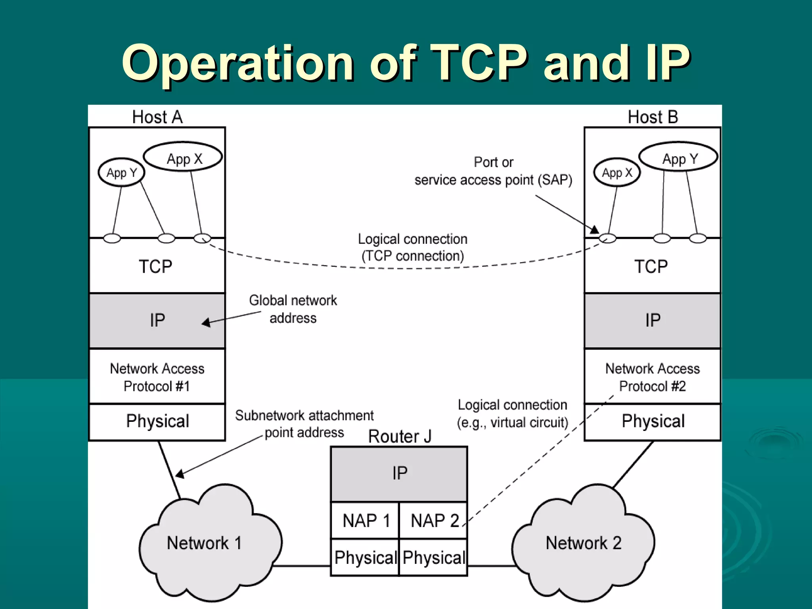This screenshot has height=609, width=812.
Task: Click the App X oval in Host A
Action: click(183, 157)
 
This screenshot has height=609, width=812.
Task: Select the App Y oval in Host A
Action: click(121, 172)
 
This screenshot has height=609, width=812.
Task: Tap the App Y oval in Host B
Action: click(678, 157)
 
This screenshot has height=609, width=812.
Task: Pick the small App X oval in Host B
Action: click(617, 172)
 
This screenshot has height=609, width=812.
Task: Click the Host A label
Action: click(157, 117)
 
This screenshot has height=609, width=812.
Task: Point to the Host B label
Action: click(653, 117)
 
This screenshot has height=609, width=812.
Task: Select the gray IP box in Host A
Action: click(157, 320)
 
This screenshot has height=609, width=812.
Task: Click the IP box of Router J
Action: click(399, 473)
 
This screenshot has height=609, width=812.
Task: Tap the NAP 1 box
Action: click(365, 521)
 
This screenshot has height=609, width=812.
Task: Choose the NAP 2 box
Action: click(433, 521)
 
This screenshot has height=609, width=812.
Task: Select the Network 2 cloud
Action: click(583, 543)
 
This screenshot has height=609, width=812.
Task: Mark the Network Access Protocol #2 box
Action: click(652, 377)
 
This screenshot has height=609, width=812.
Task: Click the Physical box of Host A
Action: click(157, 421)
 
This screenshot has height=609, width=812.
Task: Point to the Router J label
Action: click(399, 436)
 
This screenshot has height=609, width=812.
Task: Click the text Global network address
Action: click(293, 309)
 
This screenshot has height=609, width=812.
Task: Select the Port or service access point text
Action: click(493, 171)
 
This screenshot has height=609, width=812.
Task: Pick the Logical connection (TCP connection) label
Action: click(412, 247)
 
